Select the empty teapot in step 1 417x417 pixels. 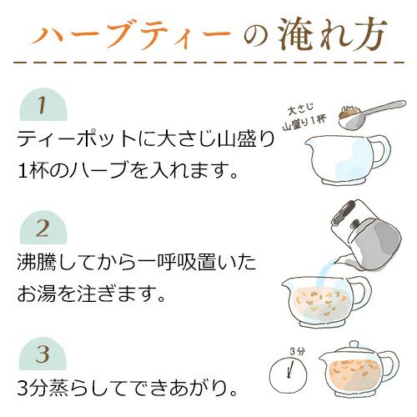click(x=342, y=158)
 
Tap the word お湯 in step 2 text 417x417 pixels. click(x=42, y=294)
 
